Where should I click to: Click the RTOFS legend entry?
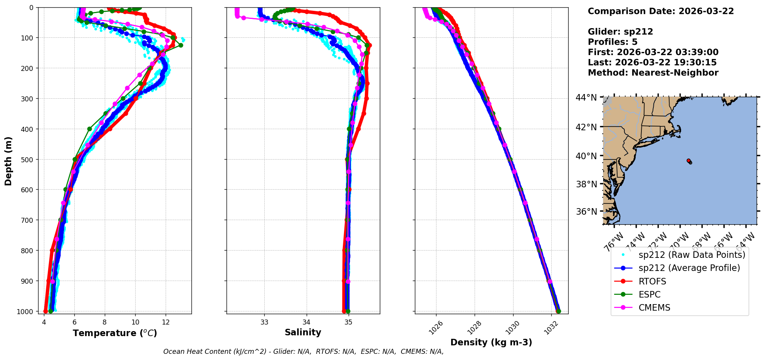[x=652, y=281]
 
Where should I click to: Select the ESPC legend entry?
[x=649, y=294]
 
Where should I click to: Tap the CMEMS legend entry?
[x=654, y=308]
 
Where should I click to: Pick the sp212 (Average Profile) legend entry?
[x=689, y=268]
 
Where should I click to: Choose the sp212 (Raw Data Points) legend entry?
[x=692, y=255]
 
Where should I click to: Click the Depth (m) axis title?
[x=8, y=161]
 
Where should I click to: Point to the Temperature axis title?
[x=115, y=333]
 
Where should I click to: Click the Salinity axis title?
[x=303, y=332]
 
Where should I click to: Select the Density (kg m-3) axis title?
[x=491, y=342]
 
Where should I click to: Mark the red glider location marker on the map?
[x=689, y=161]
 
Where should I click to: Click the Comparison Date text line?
[x=661, y=11]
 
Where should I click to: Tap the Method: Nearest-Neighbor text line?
[x=653, y=73]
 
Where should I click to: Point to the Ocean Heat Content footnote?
[x=303, y=352]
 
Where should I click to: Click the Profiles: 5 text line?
[x=613, y=42]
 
